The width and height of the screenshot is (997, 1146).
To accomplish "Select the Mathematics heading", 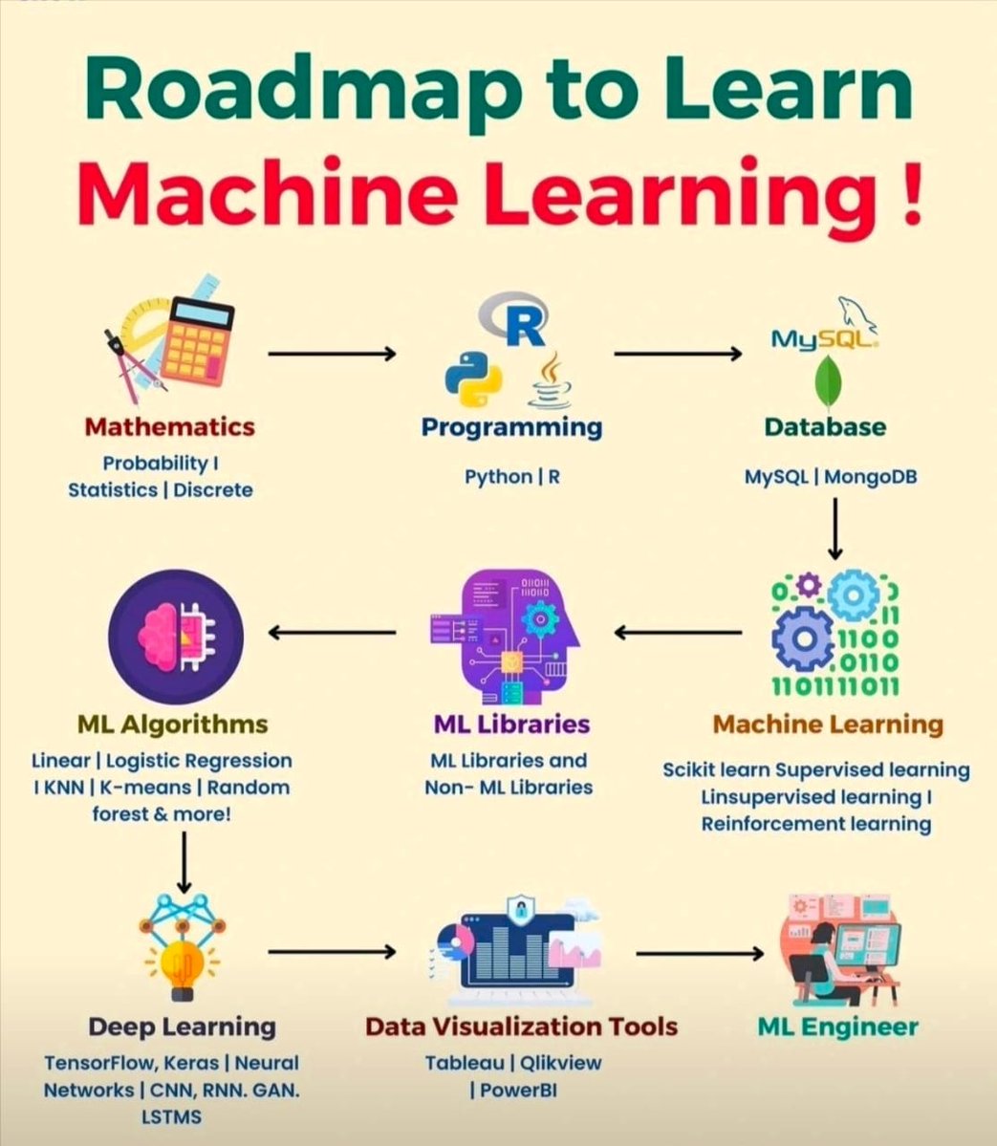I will coord(169,426).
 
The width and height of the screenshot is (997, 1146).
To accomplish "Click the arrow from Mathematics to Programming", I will coord(331,354).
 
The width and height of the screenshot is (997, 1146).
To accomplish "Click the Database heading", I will coord(825,426).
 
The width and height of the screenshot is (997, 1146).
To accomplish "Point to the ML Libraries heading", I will coord(511,724).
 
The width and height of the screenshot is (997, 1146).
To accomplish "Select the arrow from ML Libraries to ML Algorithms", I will coord(331,632).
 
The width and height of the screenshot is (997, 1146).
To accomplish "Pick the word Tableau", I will coord(464,1063).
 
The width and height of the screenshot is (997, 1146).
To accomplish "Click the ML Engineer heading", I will coord(837,1027).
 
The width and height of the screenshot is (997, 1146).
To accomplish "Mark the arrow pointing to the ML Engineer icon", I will coord(700,953).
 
